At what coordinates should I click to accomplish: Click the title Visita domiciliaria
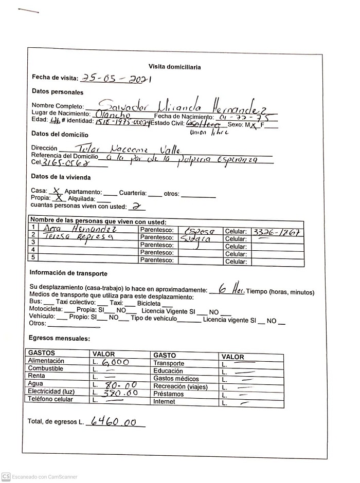tap(174, 67)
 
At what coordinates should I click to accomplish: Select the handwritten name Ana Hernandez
tap(80, 228)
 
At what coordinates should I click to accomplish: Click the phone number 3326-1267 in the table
tap(276, 231)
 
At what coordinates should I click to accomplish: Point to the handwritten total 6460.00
tap(114, 422)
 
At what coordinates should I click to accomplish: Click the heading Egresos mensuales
tap(59, 339)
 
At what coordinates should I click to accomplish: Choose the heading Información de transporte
tap(68, 273)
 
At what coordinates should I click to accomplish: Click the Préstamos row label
tap(168, 394)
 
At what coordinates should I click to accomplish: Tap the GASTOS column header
tap(42, 354)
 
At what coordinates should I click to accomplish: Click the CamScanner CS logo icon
tap(6, 477)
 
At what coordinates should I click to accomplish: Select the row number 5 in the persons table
tap(33, 257)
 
